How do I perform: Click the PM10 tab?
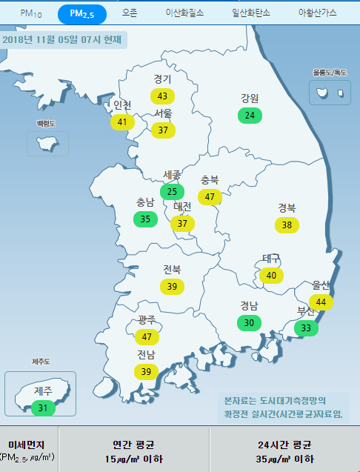pos(31,13)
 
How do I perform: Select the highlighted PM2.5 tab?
pos(81,13)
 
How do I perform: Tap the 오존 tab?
pos(130,13)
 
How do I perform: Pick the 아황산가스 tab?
pos(317,13)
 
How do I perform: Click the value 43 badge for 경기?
pos(162,96)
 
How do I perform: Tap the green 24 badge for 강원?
pos(250,115)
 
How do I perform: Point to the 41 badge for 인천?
pos(122,122)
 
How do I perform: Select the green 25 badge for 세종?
pos(172,192)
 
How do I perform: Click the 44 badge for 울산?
pos(321,302)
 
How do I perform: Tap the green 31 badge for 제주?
pos(43,408)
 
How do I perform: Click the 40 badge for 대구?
pos(271,276)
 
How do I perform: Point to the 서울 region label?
pos(163,113)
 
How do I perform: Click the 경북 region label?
pos(287,207)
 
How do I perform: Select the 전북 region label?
pos(172,269)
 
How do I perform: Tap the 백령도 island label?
pos(47,123)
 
